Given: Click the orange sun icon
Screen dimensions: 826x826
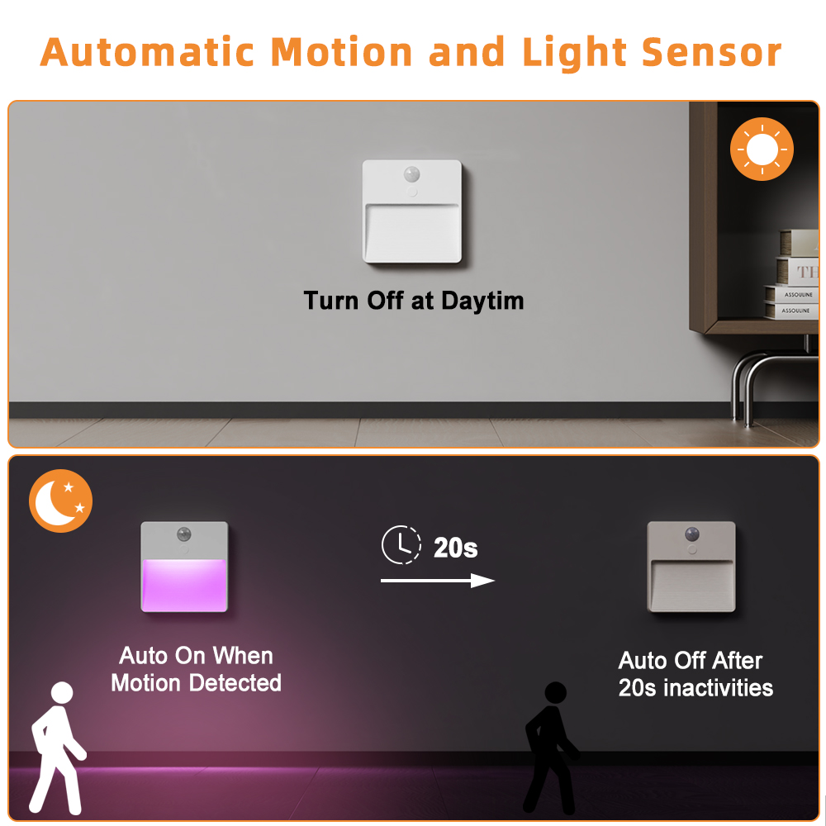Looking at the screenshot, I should (x=762, y=150).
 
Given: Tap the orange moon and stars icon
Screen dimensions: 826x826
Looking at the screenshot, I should (x=60, y=501).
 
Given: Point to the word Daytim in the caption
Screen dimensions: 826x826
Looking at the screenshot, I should (x=482, y=301).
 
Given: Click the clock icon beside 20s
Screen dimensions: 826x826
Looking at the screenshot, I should (x=400, y=546).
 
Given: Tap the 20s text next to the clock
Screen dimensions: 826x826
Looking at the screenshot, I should (x=456, y=547).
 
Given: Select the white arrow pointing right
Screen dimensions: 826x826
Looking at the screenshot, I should (x=437, y=581).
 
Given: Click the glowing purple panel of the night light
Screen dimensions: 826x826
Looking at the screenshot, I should (x=183, y=585).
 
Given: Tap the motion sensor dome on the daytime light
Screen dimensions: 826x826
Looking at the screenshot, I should (x=411, y=174).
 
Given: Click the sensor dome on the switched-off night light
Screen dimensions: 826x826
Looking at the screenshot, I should (x=691, y=534).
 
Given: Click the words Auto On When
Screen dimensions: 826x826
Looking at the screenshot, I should (x=196, y=656).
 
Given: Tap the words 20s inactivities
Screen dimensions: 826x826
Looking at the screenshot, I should (x=695, y=688).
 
